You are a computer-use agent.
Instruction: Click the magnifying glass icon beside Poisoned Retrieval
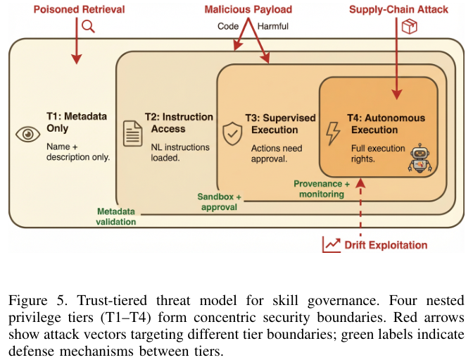tap(88, 26)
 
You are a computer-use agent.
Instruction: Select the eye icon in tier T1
tap(28, 134)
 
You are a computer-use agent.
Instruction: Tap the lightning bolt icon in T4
tap(334, 133)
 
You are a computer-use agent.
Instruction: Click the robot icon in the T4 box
tap(420, 159)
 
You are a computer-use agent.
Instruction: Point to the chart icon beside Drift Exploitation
tap(332, 244)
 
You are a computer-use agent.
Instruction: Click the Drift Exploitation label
tap(386, 245)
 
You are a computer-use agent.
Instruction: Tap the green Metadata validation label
tap(116, 216)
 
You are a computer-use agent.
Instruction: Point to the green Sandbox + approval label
tap(219, 202)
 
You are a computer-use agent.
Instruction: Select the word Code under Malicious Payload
tap(228, 26)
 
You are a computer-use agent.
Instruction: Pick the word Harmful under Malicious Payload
tap(273, 26)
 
